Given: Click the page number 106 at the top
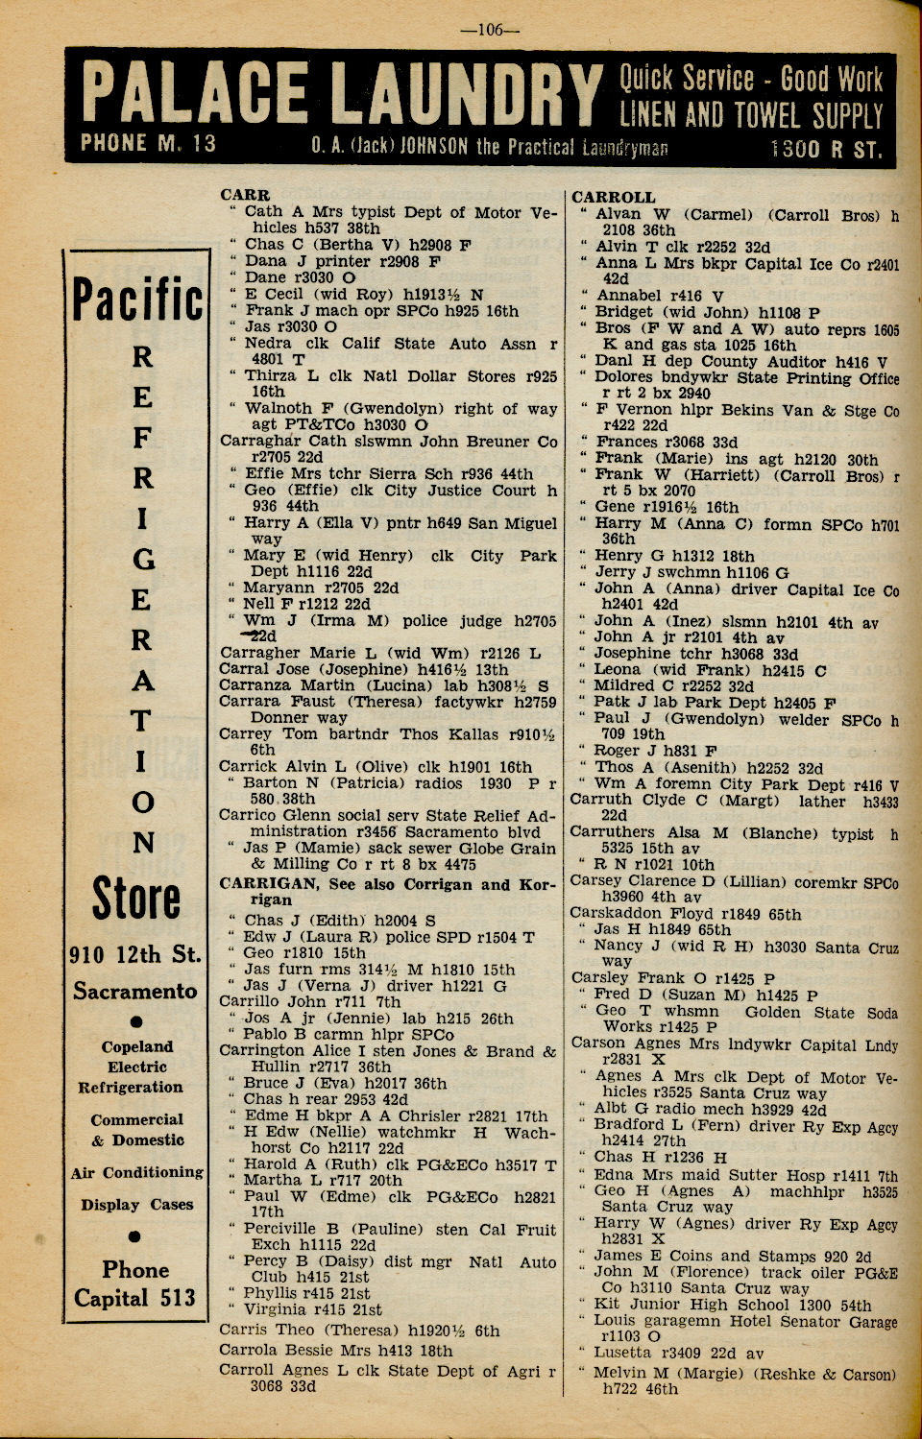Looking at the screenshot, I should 490,30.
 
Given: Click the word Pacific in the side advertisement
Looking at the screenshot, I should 137,300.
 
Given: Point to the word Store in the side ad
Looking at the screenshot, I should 136,899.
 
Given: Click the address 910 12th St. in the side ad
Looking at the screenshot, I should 135,955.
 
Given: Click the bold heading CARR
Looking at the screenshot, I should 245,195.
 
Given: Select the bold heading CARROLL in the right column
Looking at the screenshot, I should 613,198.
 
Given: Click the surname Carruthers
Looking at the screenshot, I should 612,832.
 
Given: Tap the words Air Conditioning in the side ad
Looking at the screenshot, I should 136,1172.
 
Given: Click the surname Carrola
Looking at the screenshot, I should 248,1350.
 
